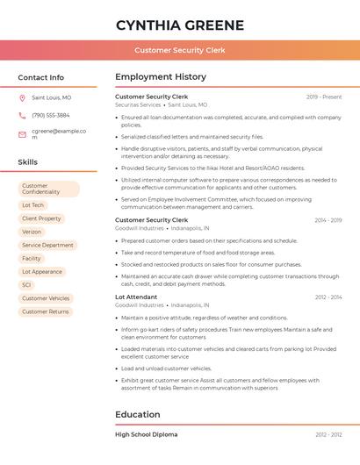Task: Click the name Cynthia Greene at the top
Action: (x=180, y=25)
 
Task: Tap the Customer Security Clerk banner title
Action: (x=180, y=51)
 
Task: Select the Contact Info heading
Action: (x=41, y=77)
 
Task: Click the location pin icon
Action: (x=22, y=98)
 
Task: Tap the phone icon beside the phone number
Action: (x=22, y=115)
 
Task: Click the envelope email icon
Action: (x=22, y=134)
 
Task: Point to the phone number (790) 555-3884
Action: (x=51, y=115)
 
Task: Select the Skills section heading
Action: (x=28, y=162)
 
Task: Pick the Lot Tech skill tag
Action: (x=32, y=205)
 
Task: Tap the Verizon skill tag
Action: (x=32, y=232)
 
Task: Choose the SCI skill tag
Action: (x=26, y=285)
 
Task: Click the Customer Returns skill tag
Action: (x=45, y=311)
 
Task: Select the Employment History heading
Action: (x=161, y=77)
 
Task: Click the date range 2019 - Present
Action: (x=324, y=97)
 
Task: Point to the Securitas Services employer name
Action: (x=138, y=104)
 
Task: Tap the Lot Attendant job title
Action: (x=136, y=297)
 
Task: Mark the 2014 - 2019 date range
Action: (x=328, y=220)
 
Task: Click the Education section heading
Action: (x=139, y=414)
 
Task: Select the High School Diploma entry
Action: (x=146, y=434)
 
